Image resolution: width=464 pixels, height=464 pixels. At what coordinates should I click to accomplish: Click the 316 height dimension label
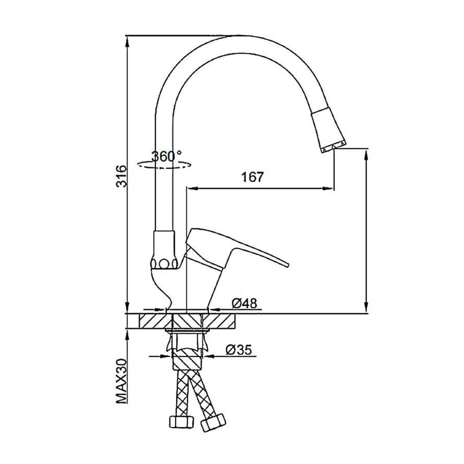click(x=121, y=176)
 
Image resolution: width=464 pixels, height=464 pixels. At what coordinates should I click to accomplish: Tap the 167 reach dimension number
click(x=252, y=177)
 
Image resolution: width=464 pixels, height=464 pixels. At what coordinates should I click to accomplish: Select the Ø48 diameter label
click(x=245, y=303)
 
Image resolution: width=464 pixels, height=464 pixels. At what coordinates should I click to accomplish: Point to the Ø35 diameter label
click(x=238, y=350)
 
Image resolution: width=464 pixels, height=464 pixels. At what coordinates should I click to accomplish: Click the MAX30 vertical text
click(x=121, y=381)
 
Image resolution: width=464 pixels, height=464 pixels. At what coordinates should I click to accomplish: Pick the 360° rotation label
click(x=167, y=156)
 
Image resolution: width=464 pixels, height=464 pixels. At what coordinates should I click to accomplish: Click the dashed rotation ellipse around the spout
click(x=164, y=165)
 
